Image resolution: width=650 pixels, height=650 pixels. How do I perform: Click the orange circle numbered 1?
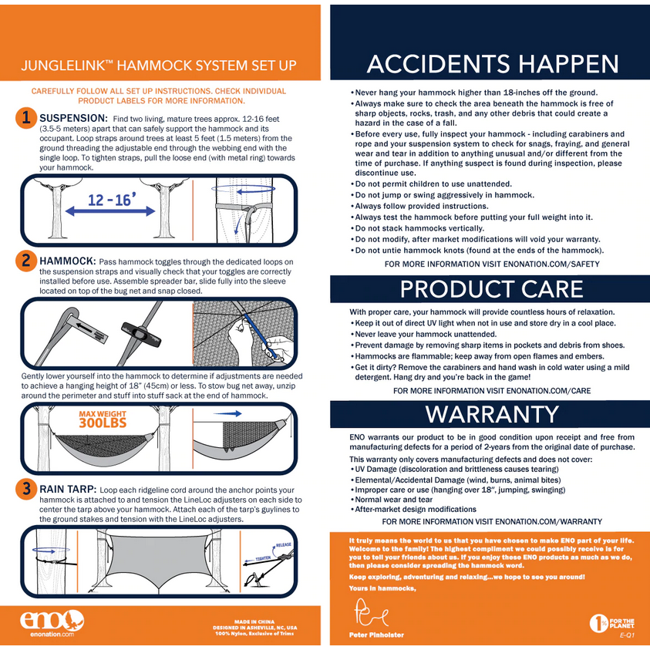(x=26, y=118)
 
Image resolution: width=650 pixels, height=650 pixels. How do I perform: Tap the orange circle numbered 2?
(x=26, y=261)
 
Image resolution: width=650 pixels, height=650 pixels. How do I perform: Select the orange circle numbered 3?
(x=26, y=489)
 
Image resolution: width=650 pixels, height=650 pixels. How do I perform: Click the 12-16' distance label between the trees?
(x=111, y=200)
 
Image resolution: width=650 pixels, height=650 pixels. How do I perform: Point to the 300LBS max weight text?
(x=103, y=423)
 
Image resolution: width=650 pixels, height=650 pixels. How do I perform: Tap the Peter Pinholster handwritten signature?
(x=372, y=612)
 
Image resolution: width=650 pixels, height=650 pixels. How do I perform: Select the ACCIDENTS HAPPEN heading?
(x=493, y=64)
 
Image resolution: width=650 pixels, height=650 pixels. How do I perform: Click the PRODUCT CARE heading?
(x=492, y=289)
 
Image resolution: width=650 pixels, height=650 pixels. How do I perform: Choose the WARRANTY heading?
(x=492, y=414)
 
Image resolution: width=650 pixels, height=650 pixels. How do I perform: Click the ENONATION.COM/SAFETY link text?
(x=551, y=264)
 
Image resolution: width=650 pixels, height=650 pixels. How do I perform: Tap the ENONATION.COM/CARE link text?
(x=548, y=390)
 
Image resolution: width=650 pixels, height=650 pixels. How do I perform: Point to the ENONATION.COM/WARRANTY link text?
(x=548, y=521)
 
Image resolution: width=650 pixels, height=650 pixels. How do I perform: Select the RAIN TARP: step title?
(x=68, y=489)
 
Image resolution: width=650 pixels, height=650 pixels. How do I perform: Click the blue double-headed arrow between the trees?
(x=110, y=211)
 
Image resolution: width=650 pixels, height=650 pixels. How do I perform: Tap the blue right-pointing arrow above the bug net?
(x=227, y=413)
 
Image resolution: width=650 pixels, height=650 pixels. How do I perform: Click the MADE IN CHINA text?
(x=254, y=621)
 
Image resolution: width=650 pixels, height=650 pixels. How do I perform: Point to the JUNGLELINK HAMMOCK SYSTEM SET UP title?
(x=159, y=66)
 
